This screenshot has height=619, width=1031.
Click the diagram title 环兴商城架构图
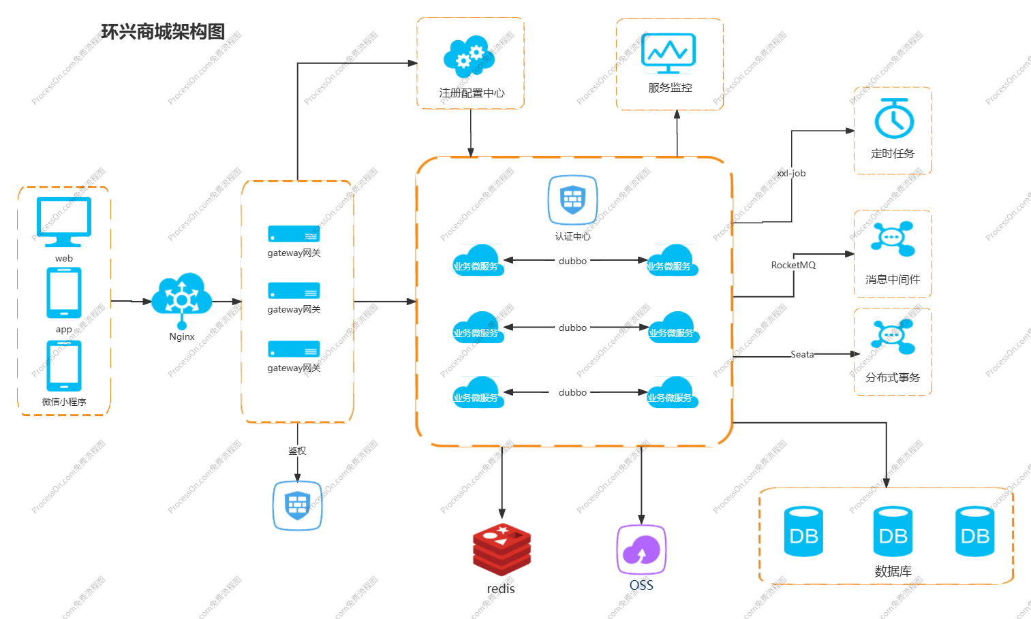coord(163,32)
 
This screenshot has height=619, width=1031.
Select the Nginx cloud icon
coord(181,296)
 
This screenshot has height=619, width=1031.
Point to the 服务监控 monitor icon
coord(668,52)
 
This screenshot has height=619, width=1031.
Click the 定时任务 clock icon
coord(893,118)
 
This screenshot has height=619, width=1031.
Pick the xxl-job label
coord(791,174)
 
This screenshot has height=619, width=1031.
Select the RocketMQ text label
coord(793,265)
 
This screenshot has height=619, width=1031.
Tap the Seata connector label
coord(802,354)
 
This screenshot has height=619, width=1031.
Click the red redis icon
coord(502,550)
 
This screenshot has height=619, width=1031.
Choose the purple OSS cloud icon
coord(641,550)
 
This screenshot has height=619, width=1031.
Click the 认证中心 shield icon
coord(572,200)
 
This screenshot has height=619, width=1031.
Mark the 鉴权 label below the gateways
coord(297,451)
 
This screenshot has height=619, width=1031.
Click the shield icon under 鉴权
coord(297,505)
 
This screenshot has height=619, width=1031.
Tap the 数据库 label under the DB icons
coord(893,571)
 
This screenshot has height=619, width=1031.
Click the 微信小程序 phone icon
coord(64,366)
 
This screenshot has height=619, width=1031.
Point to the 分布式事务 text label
coord(893,377)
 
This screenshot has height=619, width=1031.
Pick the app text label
coord(64,330)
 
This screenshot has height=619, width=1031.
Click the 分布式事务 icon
coord(893,336)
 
